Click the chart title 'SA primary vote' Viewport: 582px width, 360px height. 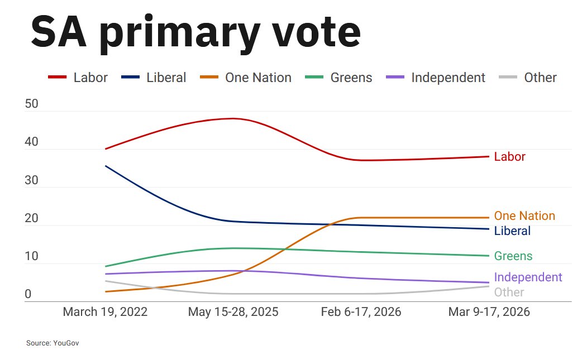(195, 32)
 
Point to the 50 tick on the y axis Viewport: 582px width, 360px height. (31, 104)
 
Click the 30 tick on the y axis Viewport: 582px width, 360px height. (31, 181)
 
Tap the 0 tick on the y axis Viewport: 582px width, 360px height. (28, 295)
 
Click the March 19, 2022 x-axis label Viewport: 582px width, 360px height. (105, 311)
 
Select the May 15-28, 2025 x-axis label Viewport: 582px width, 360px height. (233, 311)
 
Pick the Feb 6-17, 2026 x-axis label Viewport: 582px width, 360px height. (361, 311)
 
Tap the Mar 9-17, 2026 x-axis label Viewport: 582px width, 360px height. (489, 311)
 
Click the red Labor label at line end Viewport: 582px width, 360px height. (509, 157)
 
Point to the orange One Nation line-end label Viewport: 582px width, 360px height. (524, 216)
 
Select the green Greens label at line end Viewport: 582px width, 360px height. (513, 256)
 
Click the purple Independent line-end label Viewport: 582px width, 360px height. (528, 277)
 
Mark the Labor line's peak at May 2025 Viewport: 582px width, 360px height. (232, 118)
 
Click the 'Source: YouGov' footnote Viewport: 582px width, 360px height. (53, 343)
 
